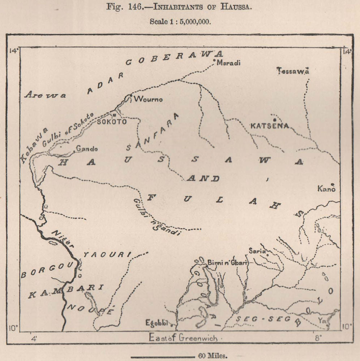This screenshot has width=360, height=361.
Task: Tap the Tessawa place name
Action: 293,71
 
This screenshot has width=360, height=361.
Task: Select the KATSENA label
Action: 270,126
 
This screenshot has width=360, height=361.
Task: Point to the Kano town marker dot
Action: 333,184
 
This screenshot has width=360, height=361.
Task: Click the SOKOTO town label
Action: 112,122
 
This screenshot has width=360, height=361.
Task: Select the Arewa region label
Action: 45,95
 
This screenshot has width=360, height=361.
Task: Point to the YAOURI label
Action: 106,255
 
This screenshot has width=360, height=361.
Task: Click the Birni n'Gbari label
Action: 228,263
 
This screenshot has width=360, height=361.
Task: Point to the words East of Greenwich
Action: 183,338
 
